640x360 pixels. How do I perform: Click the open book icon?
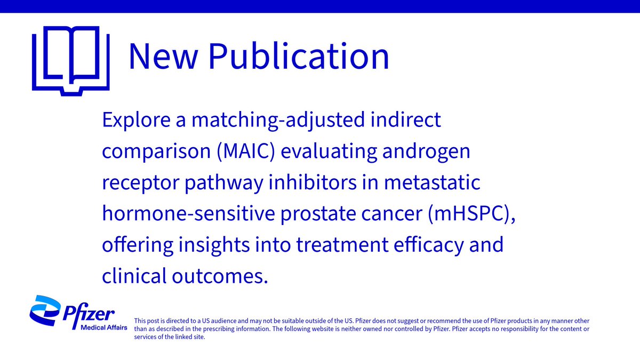tap(71, 60)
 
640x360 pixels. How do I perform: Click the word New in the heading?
tap(163, 56)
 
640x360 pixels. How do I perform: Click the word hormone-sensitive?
tap(190, 214)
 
